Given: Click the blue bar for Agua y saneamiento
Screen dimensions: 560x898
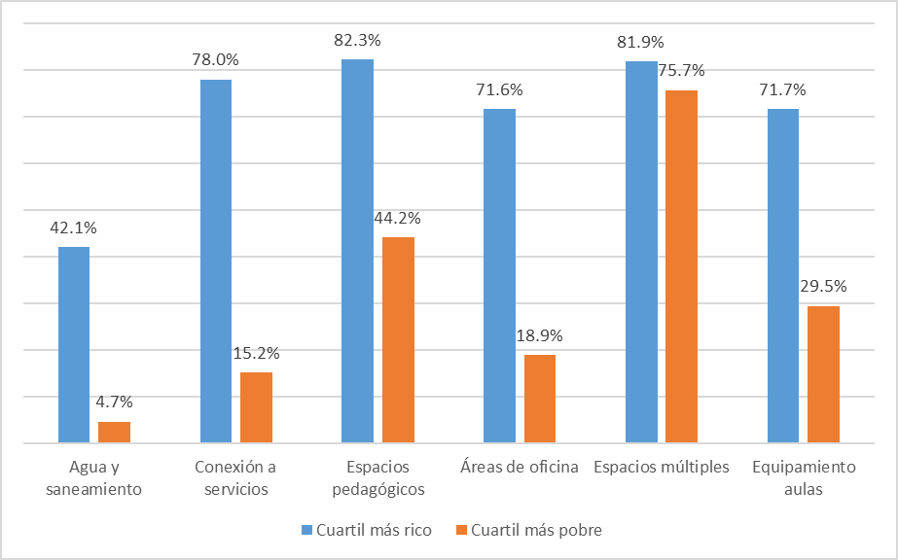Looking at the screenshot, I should click(x=74, y=345).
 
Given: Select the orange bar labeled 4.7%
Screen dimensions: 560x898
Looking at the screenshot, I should click(x=114, y=433).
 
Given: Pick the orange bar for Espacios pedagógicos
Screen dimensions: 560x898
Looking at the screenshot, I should click(x=398, y=340).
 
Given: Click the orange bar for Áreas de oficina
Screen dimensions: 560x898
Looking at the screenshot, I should click(x=540, y=399).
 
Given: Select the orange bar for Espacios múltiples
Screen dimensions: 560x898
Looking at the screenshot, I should click(x=682, y=266).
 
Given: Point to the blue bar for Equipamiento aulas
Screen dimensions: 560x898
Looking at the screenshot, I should click(x=783, y=276).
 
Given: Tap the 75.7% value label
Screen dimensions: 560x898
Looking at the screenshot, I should click(x=682, y=71).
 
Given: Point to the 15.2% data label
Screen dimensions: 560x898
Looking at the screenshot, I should click(x=256, y=354).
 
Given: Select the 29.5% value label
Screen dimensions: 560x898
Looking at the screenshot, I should click(x=823, y=287).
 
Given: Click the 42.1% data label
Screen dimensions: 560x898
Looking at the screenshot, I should click(x=74, y=228).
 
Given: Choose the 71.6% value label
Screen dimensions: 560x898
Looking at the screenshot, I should click(x=499, y=90).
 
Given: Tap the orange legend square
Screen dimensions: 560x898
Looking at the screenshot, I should click(x=462, y=530).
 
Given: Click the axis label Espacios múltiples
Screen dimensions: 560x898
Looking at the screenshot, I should click(x=662, y=467).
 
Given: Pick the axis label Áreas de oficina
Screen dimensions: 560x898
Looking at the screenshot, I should click(x=520, y=467).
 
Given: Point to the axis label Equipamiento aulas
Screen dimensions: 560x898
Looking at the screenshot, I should click(x=804, y=477).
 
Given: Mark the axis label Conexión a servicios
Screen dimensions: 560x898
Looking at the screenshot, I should click(x=235, y=477).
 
